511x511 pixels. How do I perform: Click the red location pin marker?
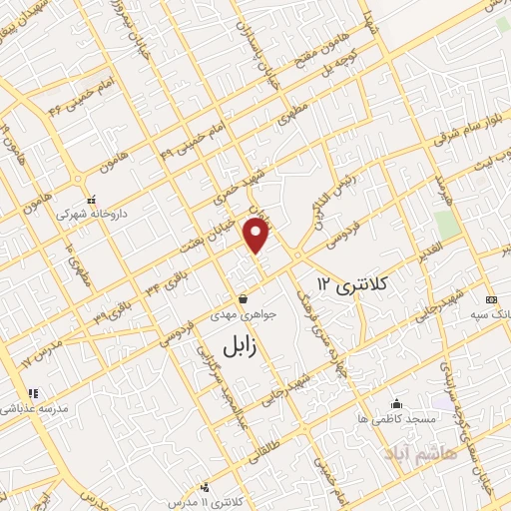[257, 235]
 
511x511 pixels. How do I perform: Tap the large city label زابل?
[239, 346]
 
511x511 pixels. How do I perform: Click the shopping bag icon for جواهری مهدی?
[243, 298]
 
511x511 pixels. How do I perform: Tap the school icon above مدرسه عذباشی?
[31, 393]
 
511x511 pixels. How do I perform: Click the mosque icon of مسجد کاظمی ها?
[396, 404]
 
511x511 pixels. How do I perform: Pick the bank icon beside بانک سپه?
[490, 299]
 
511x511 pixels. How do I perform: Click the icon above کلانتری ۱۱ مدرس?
[204, 487]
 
